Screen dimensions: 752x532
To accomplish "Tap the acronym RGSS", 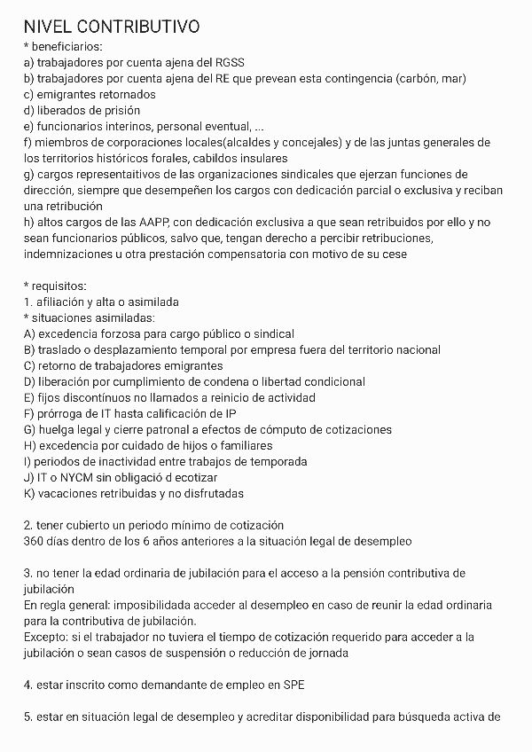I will (227, 62).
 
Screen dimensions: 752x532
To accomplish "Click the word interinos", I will (124, 126).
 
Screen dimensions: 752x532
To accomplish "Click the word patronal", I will (182, 429).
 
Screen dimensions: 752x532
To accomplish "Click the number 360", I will (35, 541).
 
